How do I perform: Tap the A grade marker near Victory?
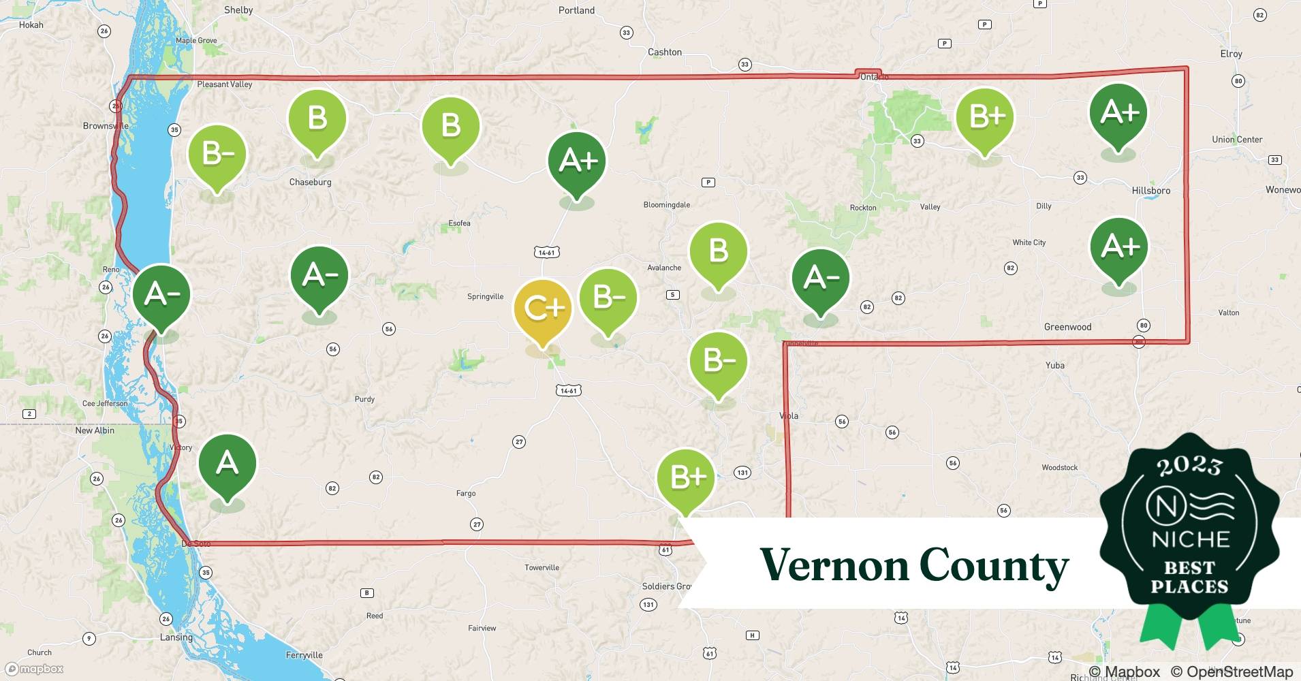(x=227, y=464)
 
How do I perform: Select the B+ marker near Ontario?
(x=984, y=117)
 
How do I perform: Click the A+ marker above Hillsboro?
(x=1118, y=112)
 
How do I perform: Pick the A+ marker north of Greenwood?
(x=1118, y=247)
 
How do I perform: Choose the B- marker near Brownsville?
(x=217, y=155)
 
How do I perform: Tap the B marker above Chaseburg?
(x=317, y=118)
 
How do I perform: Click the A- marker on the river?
(x=161, y=294)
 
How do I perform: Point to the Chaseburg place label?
(x=310, y=182)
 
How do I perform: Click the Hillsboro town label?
(x=1150, y=191)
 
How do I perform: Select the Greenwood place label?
(x=1067, y=327)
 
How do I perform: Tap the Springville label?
(x=485, y=296)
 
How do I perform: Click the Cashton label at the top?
(x=664, y=52)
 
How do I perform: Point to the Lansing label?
(x=176, y=637)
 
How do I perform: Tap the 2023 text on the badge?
(x=1189, y=465)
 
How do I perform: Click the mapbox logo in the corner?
(x=34, y=669)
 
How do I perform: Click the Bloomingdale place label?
(x=666, y=205)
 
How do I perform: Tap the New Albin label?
(x=95, y=430)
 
